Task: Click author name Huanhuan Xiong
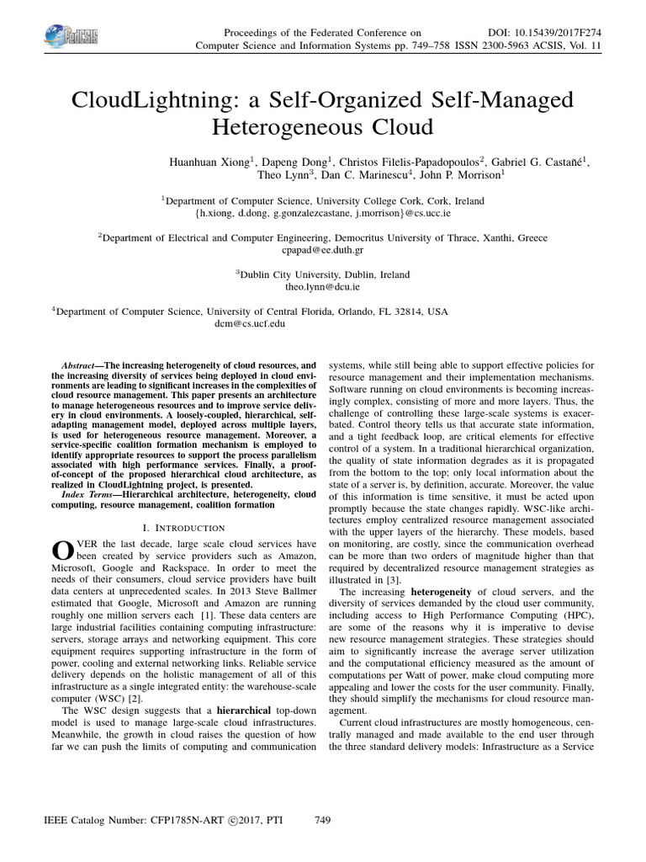click(x=214, y=162)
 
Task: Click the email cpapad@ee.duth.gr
click(x=323, y=251)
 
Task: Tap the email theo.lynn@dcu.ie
click(x=323, y=287)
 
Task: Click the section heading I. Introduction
click(x=183, y=528)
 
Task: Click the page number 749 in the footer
click(x=323, y=819)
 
